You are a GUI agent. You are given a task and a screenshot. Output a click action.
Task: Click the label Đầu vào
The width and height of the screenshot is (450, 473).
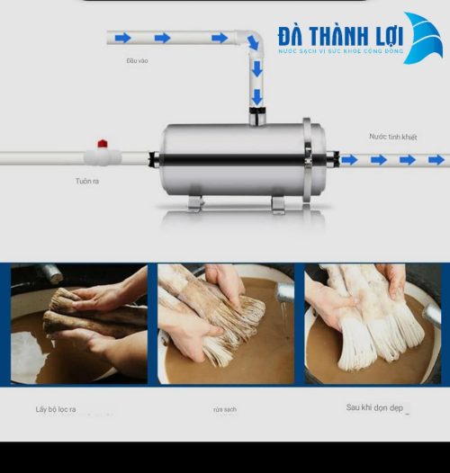137,61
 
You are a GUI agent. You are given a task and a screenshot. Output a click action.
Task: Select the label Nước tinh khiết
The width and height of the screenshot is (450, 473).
392,137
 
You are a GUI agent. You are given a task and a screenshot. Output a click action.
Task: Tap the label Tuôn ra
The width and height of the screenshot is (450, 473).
87,181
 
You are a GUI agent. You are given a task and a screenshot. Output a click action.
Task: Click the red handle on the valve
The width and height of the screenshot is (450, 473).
103,144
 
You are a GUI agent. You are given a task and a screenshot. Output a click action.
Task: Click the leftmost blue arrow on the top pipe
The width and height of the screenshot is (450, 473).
122,38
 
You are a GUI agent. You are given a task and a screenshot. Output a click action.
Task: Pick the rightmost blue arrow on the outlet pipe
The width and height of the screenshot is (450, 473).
436,160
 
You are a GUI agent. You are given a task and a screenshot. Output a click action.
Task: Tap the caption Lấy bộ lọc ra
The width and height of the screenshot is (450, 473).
56,409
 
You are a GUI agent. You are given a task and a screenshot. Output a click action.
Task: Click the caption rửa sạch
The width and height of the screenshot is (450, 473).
225,410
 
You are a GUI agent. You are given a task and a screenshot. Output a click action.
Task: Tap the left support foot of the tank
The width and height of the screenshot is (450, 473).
195,203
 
